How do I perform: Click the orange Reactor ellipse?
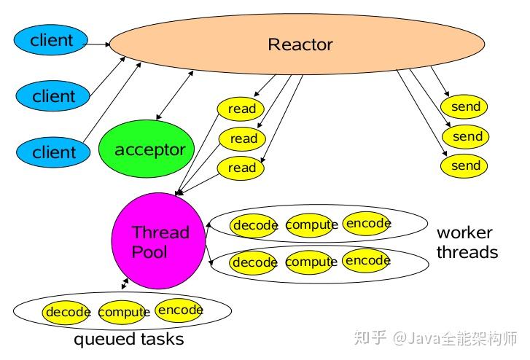pyautogui.click(x=300, y=44)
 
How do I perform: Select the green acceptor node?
pyautogui.click(x=147, y=151)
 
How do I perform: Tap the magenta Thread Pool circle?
pyautogui.click(x=159, y=242)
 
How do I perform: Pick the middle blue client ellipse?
pyautogui.click(x=53, y=95)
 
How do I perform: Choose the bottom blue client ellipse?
pyautogui.click(x=54, y=152)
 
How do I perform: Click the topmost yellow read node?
pyautogui.click(x=241, y=109)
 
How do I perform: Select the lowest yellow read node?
pyautogui.click(x=242, y=168)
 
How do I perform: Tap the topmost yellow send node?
pyautogui.click(x=464, y=107)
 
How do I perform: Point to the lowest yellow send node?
pyautogui.click(x=464, y=165)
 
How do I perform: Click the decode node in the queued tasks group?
pyautogui.click(x=67, y=312)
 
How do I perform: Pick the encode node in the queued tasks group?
pyautogui.click(x=179, y=310)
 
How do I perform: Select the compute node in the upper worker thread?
pyautogui.click(x=311, y=225)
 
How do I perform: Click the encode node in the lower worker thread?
pyautogui.click(x=367, y=261)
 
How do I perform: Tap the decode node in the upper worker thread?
pyautogui.click(x=254, y=225)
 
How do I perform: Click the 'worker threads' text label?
pyautogui.click(x=467, y=243)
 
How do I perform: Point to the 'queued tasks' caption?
pyautogui.click(x=128, y=340)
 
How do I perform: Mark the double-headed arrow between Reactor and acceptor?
pyautogui.click(x=174, y=95)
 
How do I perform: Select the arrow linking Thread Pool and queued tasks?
pyautogui.click(x=123, y=283)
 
